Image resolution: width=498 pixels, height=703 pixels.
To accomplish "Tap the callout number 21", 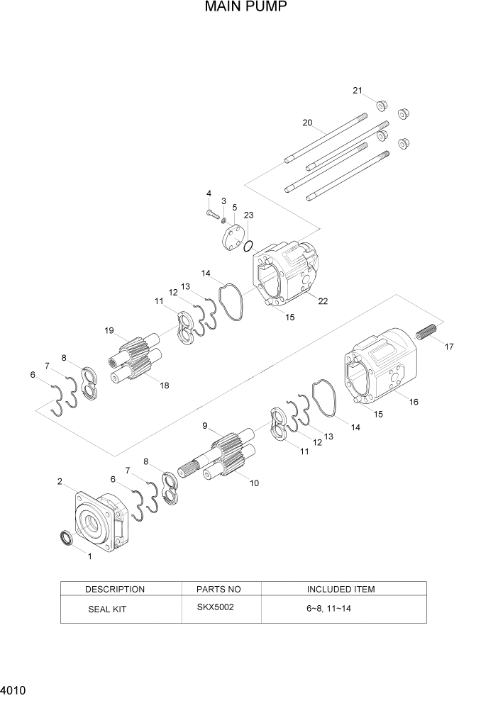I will pyautogui.click(x=358, y=91).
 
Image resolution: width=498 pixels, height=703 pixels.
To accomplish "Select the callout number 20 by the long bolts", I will pyautogui.click(x=307, y=123).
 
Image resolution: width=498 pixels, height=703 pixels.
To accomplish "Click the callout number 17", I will pyautogui.click(x=448, y=347).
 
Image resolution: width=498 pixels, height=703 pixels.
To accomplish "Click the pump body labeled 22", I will pyautogui.click(x=287, y=272).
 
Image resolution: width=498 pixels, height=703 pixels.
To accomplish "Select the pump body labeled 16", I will pyautogui.click(x=380, y=366).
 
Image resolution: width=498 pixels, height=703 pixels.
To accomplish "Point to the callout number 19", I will pyautogui.click(x=109, y=330).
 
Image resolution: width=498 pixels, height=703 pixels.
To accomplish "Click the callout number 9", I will pyautogui.click(x=205, y=426).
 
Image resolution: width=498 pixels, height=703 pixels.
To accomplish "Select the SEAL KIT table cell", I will pyautogui.click(x=107, y=609).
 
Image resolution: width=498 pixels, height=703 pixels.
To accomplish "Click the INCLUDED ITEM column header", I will pyautogui.click(x=341, y=589).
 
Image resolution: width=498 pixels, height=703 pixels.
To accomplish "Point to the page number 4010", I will pyautogui.click(x=14, y=689).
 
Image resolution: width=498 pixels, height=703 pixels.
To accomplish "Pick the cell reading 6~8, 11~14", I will pyautogui.click(x=328, y=609).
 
